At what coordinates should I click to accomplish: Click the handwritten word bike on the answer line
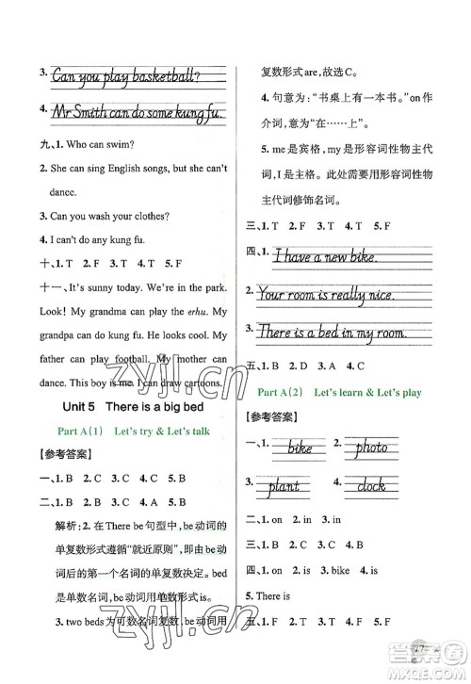point(300,448)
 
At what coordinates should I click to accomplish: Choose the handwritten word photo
point(378,448)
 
